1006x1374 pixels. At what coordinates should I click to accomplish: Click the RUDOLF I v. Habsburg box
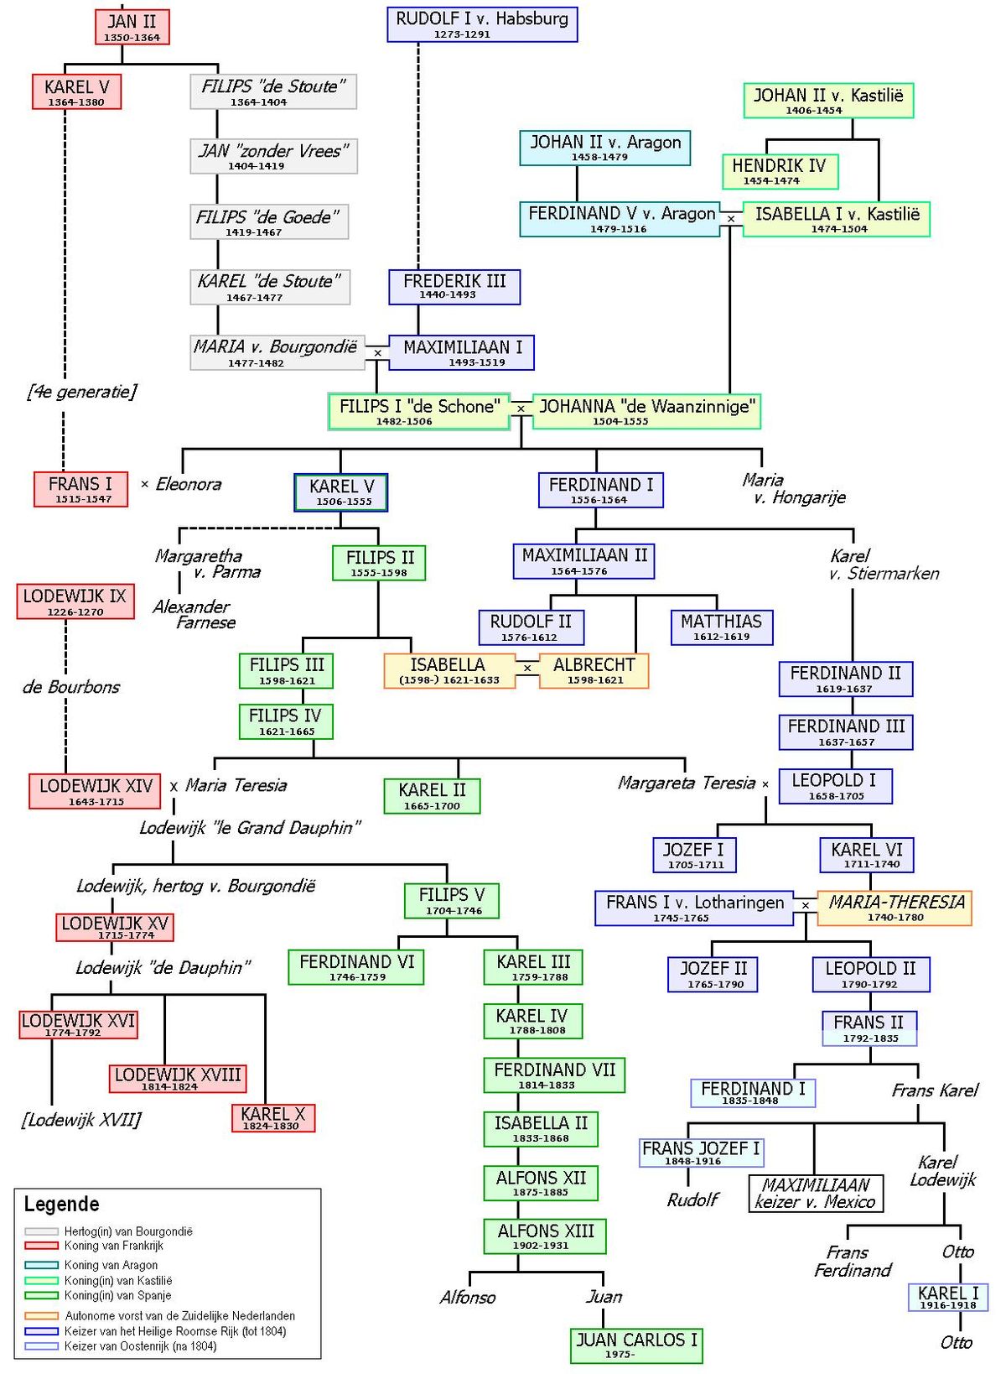(482, 24)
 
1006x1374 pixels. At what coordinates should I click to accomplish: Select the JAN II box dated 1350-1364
(132, 27)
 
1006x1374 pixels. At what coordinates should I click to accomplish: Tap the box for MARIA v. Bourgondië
(277, 352)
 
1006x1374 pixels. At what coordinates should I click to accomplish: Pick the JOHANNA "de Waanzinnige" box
(646, 412)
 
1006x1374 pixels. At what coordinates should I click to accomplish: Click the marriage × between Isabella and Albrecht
(526, 668)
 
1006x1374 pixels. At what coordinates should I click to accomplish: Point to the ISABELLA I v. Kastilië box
(836, 219)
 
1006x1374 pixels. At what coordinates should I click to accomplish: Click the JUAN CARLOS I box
(635, 1345)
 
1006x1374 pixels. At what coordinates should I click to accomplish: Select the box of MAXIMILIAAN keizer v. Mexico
(816, 1193)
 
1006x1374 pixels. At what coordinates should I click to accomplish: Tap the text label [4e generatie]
(81, 392)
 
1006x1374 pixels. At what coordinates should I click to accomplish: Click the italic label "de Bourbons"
(71, 687)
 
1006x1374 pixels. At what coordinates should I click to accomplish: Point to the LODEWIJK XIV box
(95, 791)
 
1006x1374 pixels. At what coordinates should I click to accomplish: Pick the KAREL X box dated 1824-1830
(273, 1117)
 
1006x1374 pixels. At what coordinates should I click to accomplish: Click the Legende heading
(61, 1204)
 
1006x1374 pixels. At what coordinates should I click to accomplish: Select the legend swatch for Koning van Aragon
(42, 1265)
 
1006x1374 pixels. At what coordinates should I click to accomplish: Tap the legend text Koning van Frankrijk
(113, 1246)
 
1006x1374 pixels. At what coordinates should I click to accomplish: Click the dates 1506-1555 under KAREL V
(344, 502)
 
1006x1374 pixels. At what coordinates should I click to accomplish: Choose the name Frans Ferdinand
(852, 1261)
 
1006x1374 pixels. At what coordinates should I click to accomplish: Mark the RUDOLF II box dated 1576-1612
(531, 627)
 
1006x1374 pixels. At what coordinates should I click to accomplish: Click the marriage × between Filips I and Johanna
(521, 409)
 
